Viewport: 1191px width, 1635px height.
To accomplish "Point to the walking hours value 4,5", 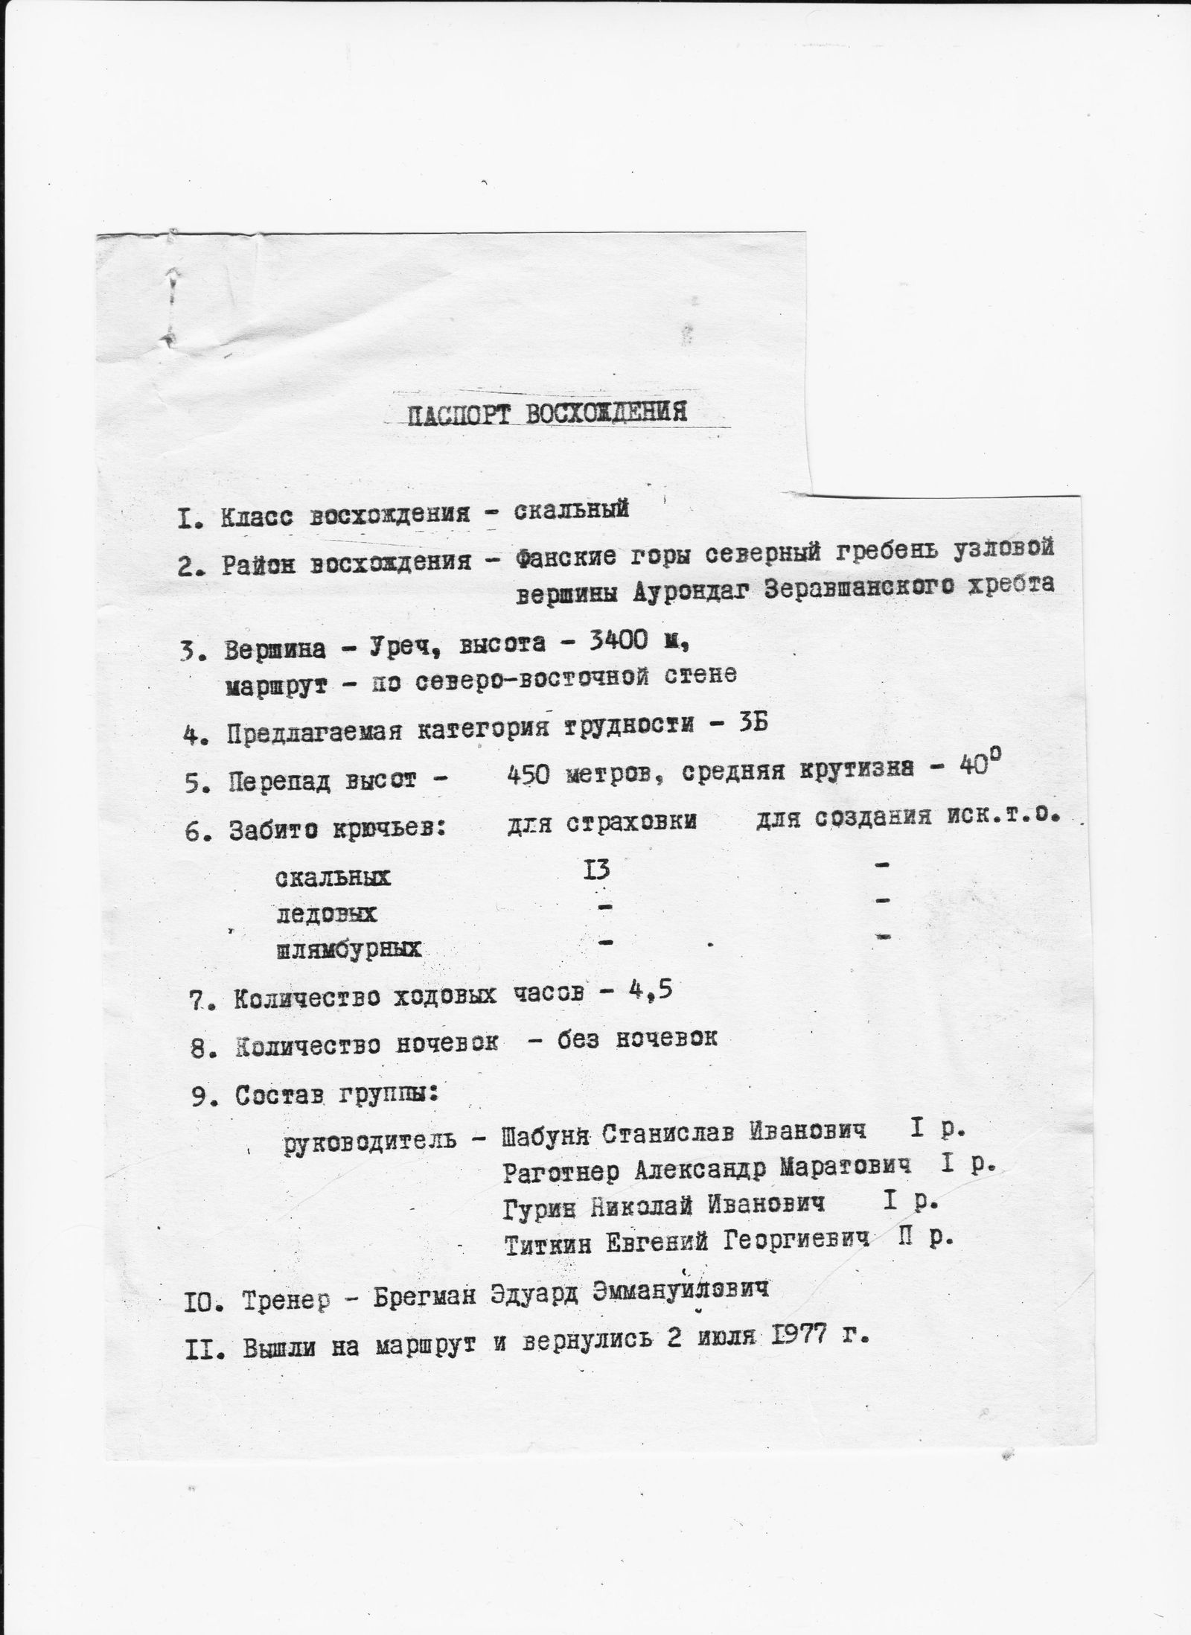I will pyautogui.click(x=646, y=992).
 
